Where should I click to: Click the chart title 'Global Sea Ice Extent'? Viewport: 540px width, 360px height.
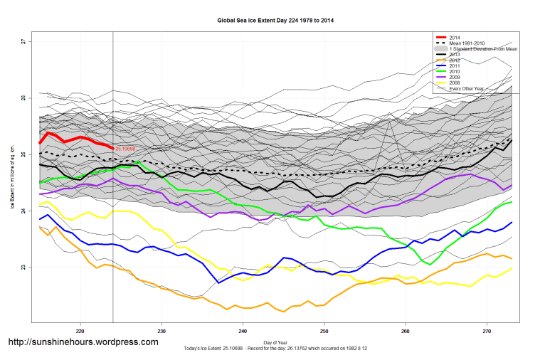coord(275,21)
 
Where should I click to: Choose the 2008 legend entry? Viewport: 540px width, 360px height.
coord(455,82)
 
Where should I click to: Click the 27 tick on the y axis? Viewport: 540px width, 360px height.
coord(23,42)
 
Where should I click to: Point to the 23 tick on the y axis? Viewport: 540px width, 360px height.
coord(23,268)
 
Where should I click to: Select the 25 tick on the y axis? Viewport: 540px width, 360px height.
coord(23,155)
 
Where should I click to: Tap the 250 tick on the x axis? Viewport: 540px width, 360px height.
coord(324,331)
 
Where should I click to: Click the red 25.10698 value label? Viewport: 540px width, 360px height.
coord(125,149)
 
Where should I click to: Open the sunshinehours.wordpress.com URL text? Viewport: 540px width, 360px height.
coord(83,342)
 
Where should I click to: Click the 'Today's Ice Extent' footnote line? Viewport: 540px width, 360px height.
coord(275,350)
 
